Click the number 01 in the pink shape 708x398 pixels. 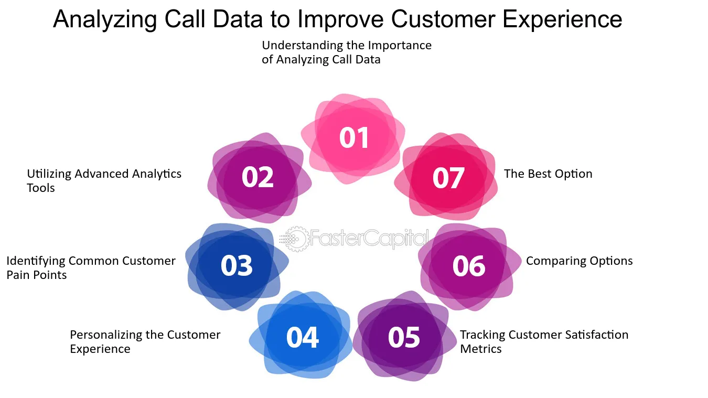point(354,137)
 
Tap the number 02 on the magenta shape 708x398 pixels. point(258,177)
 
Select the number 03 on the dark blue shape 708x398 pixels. point(237,265)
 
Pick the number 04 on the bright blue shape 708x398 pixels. point(303,338)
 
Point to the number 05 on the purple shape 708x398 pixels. point(404,338)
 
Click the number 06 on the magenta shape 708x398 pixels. point(469,266)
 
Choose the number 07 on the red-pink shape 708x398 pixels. point(448,178)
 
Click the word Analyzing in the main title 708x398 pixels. point(105,19)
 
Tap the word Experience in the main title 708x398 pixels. point(562,19)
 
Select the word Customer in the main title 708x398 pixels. point(444,19)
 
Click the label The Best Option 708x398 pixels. point(548,174)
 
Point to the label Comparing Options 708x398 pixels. point(580,261)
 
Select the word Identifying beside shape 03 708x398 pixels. point(36,261)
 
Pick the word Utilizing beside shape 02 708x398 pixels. point(49,174)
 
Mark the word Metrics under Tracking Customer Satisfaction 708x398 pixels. point(481,349)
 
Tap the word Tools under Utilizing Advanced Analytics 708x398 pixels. point(41,188)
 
